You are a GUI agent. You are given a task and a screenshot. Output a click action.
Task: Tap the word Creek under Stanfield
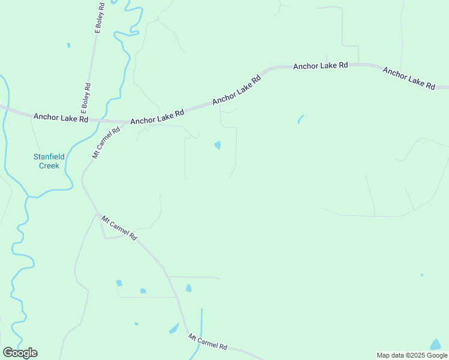49,166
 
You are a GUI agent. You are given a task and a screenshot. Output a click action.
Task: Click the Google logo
20,353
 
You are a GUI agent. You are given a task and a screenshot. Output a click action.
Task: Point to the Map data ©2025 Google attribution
412,355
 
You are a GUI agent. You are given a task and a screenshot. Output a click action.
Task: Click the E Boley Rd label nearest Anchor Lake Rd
86,98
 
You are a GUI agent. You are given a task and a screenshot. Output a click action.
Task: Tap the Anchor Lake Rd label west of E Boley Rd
61,118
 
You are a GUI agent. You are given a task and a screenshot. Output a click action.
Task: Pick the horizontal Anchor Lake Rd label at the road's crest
321,65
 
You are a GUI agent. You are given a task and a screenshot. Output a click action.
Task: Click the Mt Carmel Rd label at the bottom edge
207,342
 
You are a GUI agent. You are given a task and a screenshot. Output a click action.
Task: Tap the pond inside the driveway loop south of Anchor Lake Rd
217,145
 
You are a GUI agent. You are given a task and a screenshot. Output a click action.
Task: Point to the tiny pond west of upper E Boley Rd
68,45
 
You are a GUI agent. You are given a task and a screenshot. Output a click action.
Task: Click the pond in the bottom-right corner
436,344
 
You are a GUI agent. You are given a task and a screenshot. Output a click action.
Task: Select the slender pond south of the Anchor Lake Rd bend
300,119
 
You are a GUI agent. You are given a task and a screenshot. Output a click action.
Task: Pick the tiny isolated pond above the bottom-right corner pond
421,275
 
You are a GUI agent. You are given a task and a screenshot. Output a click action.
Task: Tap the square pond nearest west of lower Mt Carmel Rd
143,291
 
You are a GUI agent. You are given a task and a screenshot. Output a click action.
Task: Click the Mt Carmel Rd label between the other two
119,228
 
